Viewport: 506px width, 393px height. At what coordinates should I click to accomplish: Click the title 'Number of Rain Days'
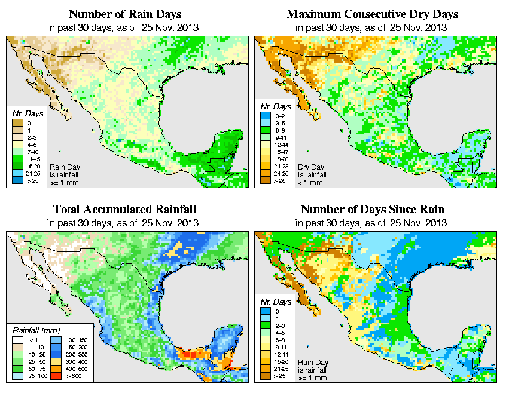click(124, 14)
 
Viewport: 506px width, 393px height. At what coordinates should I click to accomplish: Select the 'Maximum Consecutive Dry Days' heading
click(372, 14)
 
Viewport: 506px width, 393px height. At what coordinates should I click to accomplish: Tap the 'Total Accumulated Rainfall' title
click(124, 210)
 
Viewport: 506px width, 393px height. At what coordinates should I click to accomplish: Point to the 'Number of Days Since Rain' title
click(372, 210)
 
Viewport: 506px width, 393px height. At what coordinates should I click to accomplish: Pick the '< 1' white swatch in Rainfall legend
click(18, 340)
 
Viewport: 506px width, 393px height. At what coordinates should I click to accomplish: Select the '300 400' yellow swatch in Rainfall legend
click(56, 362)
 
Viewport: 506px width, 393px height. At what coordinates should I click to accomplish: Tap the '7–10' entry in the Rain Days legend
click(29, 153)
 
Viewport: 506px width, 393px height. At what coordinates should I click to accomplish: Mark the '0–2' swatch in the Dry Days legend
click(266, 122)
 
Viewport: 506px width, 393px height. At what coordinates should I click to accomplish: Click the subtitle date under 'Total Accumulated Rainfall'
click(124, 223)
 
